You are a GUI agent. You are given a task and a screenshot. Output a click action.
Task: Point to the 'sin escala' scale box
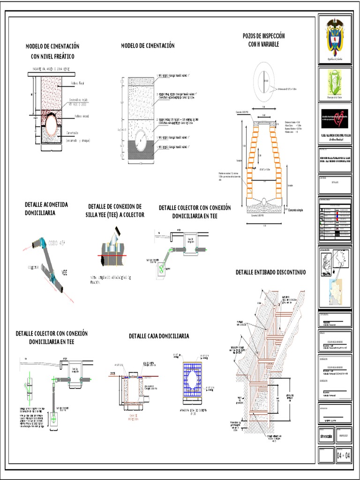point(327,434)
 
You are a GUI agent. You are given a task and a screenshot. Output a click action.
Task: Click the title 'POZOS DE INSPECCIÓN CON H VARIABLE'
point(263,40)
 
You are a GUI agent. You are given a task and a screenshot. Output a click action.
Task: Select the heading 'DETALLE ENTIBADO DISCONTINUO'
point(270,272)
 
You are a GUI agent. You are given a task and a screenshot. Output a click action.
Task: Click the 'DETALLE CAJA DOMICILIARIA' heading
point(159,336)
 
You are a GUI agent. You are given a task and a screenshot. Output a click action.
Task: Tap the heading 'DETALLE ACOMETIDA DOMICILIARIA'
point(46,209)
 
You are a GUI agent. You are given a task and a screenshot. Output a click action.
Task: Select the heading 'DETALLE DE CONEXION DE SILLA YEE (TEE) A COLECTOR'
point(115,210)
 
